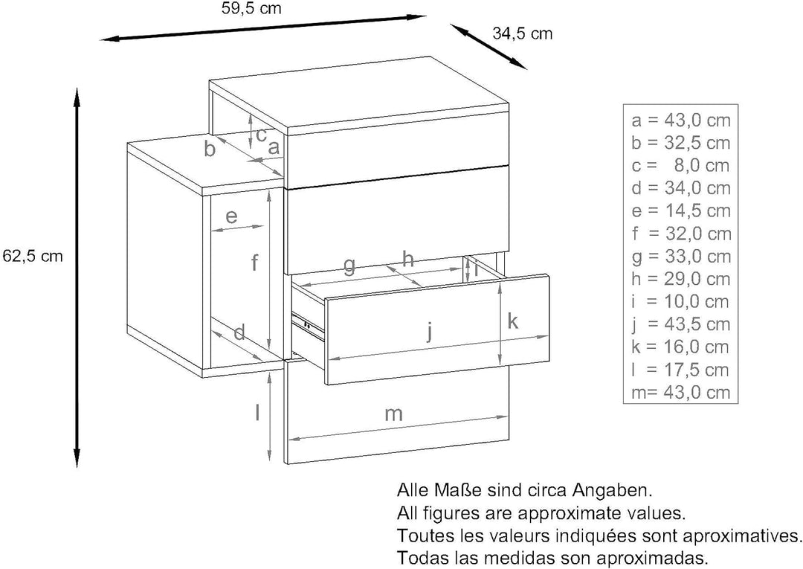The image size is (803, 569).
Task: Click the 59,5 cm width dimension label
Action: coord(252,9)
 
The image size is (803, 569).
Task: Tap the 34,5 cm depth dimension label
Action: coord(523,33)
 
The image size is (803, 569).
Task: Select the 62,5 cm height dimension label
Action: coord(32,255)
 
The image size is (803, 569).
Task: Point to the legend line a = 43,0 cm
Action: coord(680,120)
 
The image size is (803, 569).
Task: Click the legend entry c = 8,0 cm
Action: coord(680,165)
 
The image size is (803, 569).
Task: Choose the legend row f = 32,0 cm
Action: coord(680,234)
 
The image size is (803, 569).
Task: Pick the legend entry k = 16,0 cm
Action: coord(680,347)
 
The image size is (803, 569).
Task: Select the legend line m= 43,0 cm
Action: coord(680,392)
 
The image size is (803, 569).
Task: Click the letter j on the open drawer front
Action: coord(430,331)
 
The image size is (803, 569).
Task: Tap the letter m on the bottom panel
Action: coord(393,414)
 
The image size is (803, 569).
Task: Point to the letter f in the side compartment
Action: coord(254,263)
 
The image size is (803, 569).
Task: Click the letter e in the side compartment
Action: coord(231,216)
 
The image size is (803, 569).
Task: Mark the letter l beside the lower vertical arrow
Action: coord(258,412)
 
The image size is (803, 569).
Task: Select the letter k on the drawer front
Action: coord(512,321)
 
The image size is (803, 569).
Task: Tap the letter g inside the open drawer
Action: coord(349,266)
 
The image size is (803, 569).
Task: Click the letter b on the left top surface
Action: coord(210,149)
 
